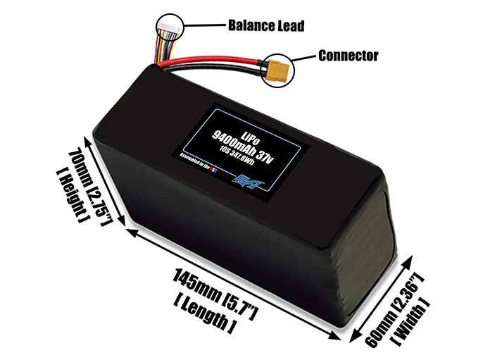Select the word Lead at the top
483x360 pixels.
[x=290, y=26]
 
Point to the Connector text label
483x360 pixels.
[x=349, y=55]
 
